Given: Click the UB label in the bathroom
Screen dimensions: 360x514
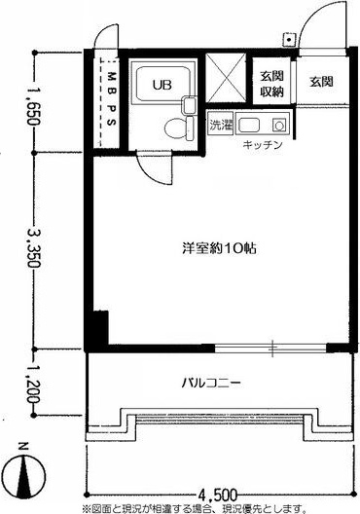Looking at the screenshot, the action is point(162,85).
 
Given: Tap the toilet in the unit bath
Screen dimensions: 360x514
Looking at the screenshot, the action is point(179,128).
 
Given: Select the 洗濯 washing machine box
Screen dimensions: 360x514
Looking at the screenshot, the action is point(220,124).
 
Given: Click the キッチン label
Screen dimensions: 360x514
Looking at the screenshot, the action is point(263,144).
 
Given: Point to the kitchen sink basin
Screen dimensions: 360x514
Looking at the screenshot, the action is point(249,125).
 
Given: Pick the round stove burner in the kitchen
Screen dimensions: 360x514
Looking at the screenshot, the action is point(279,125).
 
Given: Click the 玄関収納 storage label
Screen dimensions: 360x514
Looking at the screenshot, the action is point(271,84).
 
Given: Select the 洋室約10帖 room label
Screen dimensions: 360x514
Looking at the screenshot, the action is point(219,248).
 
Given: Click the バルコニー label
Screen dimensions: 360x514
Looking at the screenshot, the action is point(211,383).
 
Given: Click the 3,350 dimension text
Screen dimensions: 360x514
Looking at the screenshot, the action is point(33,248).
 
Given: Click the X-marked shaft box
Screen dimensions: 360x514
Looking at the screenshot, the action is point(226,78).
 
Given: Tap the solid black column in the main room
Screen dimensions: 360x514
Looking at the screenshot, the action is point(100,327).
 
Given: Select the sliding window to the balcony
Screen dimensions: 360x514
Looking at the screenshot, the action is point(270,349).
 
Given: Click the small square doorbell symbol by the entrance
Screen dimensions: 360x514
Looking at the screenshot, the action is point(289,40).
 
